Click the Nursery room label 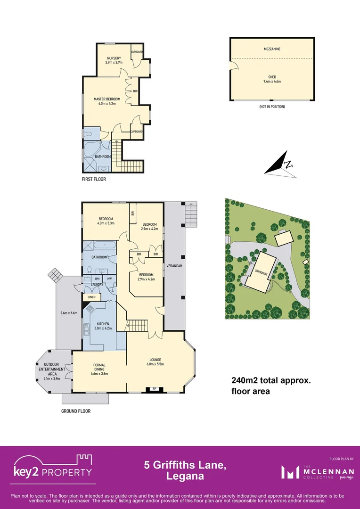coord(114,58)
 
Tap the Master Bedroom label coord(107,99)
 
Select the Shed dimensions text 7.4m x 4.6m coord(272,82)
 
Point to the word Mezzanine coord(272,49)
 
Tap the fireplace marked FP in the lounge coord(154,389)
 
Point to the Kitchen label coord(103,324)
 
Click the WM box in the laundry coord(97,279)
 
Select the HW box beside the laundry coord(109,279)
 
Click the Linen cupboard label coord(90,297)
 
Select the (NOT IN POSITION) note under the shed coord(272,107)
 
